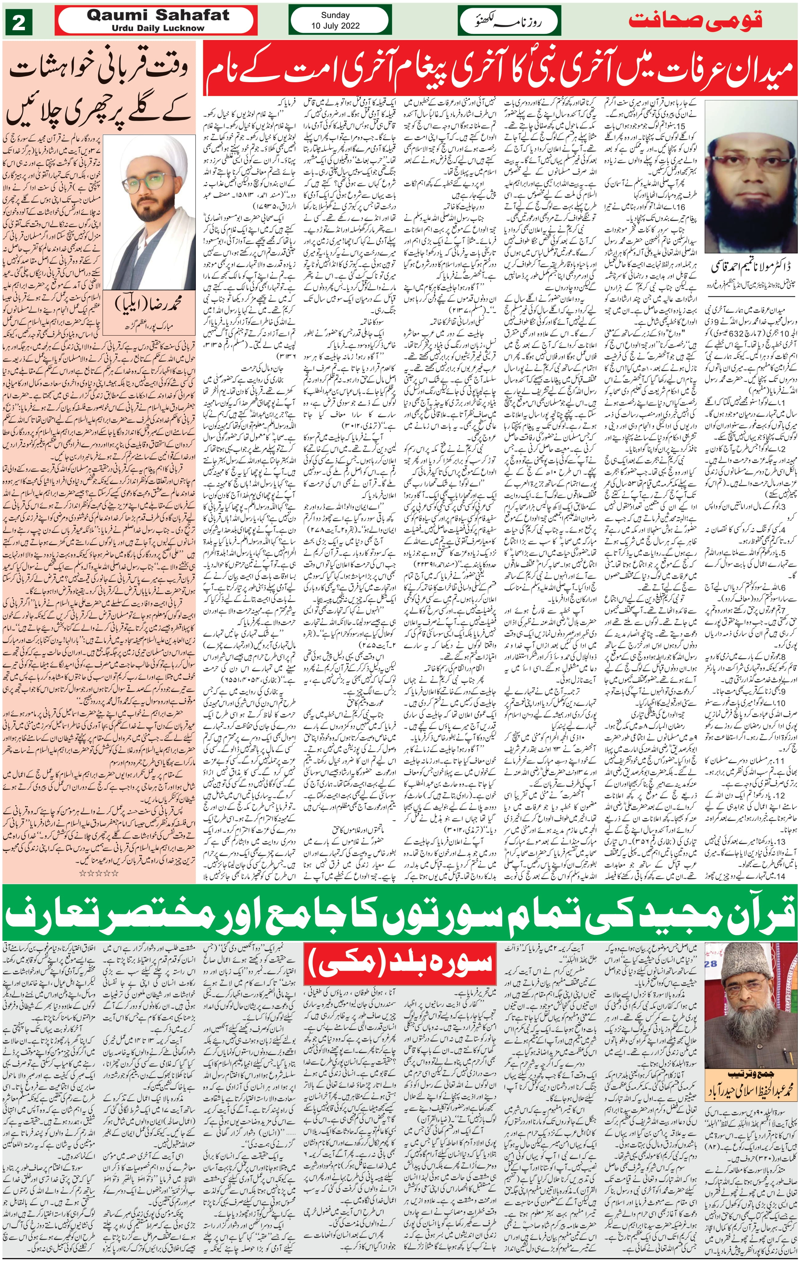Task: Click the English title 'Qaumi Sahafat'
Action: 158,15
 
